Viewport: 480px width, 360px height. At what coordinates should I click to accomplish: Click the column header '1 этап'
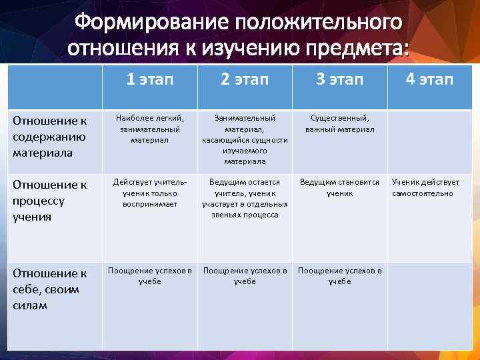point(149,80)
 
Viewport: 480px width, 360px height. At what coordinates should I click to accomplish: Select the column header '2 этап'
point(245,80)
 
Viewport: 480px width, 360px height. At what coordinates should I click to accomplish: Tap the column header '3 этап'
point(339,80)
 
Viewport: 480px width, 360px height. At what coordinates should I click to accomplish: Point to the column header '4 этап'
point(429,80)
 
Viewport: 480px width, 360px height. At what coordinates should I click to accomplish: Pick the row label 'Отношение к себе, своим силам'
point(50,289)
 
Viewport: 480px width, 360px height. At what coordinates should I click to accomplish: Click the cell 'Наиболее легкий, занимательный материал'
point(149,129)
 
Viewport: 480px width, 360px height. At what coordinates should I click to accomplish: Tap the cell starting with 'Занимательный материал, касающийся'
point(245,139)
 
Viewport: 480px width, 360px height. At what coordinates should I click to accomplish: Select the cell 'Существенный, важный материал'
point(339,123)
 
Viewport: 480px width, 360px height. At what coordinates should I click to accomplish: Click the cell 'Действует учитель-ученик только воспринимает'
point(149,193)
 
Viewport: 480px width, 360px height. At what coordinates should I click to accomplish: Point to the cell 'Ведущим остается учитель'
point(245,198)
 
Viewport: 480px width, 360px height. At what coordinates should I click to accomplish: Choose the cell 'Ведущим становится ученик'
point(339,187)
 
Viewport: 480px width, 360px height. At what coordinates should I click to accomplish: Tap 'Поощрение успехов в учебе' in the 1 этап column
point(149,276)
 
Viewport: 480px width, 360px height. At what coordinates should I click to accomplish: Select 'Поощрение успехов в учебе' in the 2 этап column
point(245,276)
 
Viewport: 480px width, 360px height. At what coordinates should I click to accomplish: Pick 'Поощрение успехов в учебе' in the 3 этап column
point(339,276)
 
